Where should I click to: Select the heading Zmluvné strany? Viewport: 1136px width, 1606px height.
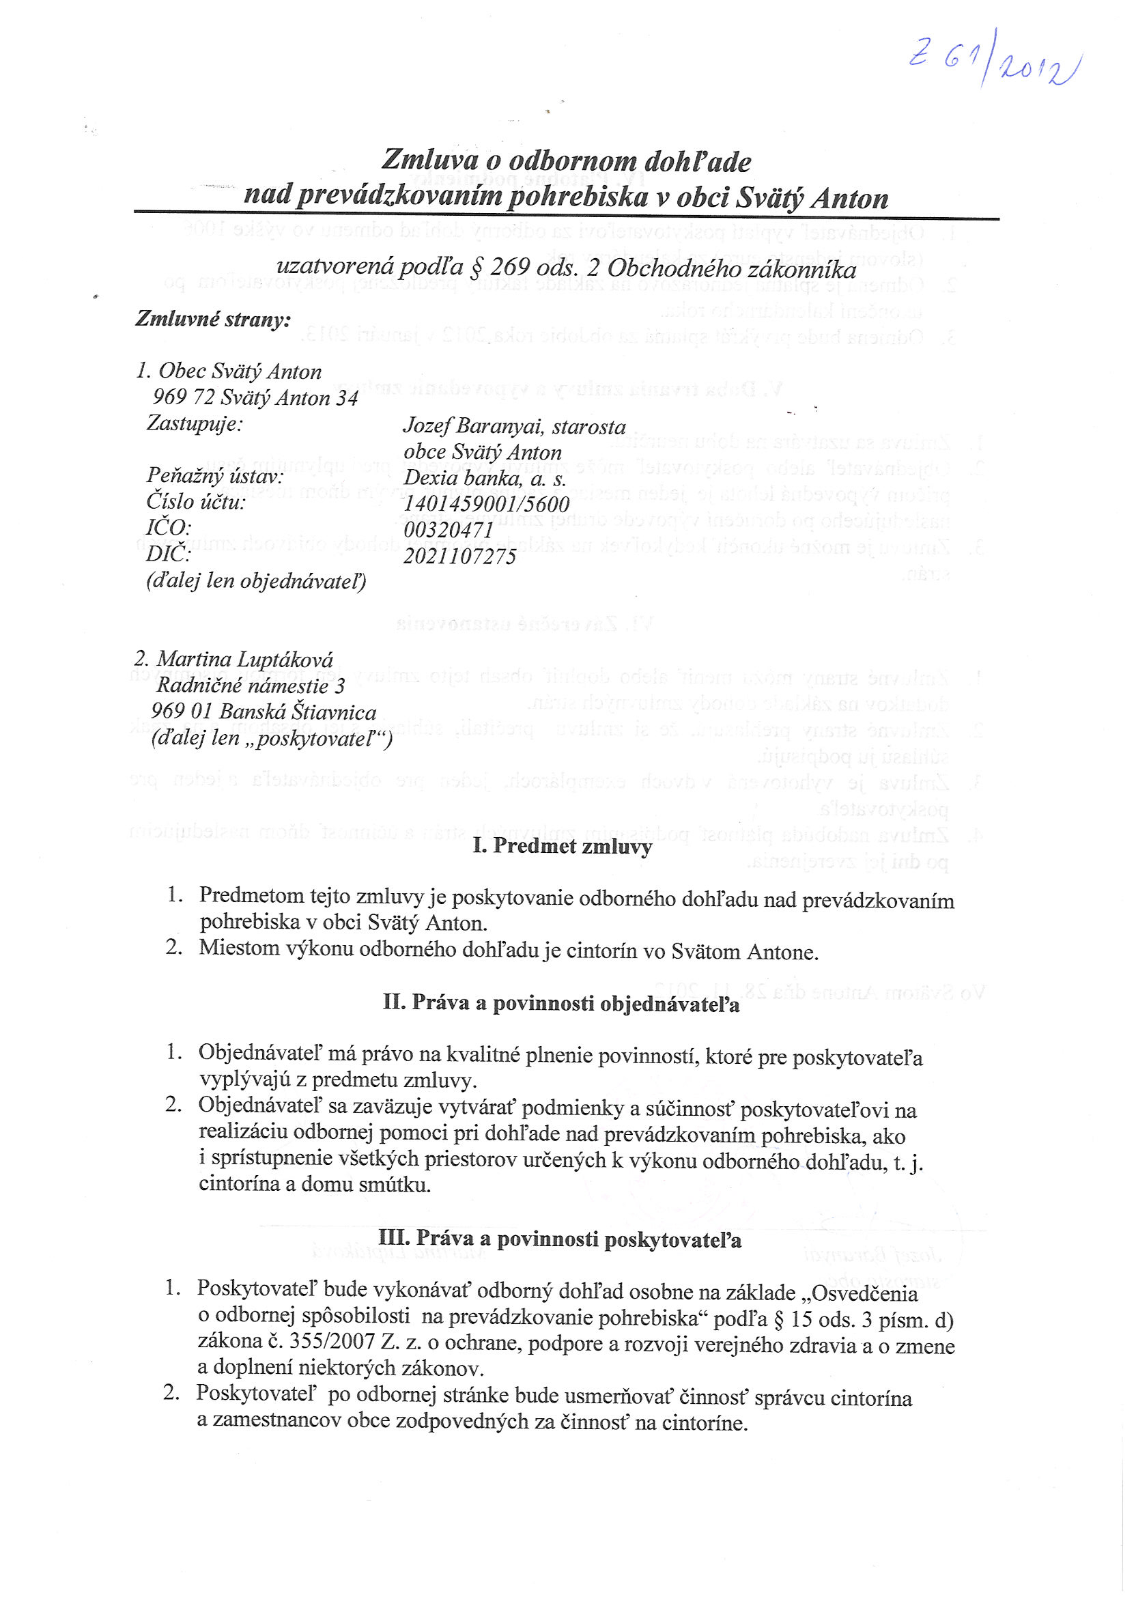click(x=212, y=320)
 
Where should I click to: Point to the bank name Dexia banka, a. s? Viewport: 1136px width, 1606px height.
click(x=484, y=479)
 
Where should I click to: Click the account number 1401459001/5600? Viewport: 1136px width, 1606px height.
click(x=486, y=505)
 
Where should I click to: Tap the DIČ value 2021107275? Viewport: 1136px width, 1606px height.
click(x=459, y=557)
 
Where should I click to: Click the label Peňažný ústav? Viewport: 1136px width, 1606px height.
click(x=215, y=477)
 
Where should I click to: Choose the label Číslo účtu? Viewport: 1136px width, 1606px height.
click(x=196, y=503)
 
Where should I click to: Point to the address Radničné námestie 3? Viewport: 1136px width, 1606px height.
click(x=251, y=686)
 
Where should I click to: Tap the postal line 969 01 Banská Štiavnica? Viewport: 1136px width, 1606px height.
click(x=264, y=712)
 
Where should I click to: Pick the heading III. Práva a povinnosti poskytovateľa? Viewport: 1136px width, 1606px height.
click(x=560, y=1239)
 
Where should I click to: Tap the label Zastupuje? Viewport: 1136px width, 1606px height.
click(x=195, y=424)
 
